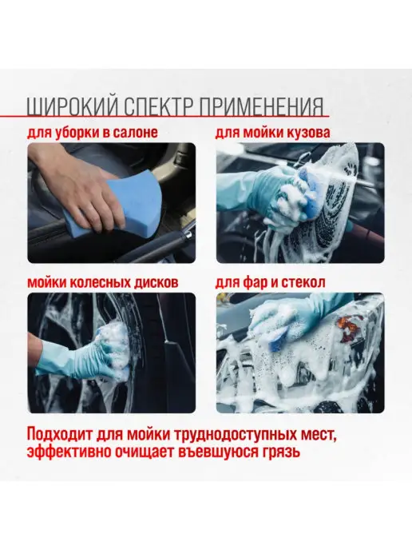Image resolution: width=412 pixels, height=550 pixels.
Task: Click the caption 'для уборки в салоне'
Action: [x=93, y=133]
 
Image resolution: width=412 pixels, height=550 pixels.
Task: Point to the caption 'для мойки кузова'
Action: [x=272, y=133]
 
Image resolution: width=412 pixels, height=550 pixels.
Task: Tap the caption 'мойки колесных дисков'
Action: [x=103, y=283]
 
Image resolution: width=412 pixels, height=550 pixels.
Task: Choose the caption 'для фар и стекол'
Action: [x=270, y=283]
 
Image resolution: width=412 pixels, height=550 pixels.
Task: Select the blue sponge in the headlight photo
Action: [x=279, y=338]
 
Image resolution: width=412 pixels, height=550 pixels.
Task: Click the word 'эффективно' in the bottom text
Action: [x=61, y=452]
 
